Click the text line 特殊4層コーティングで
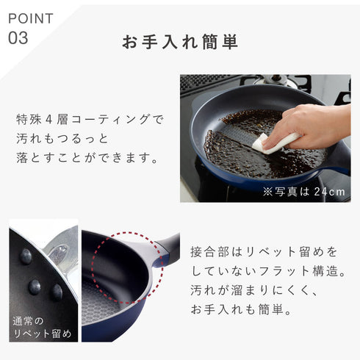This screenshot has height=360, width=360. (x=90, y=118)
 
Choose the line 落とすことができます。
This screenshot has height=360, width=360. (x=87, y=156)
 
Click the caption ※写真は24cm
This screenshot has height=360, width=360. (x=303, y=191)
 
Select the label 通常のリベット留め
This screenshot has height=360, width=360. (x=42, y=328)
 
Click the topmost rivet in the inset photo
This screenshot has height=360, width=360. (x=26, y=256)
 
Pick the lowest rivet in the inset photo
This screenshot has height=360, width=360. (x=57, y=292)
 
